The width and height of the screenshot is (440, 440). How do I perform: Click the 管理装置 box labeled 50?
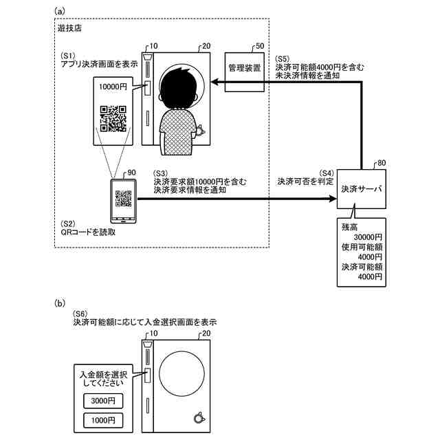[x=245, y=72]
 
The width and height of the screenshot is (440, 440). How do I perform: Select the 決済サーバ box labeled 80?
[x=362, y=189]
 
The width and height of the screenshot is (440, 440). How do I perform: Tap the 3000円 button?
[x=103, y=401]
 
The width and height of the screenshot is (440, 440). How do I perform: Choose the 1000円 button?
[x=103, y=420]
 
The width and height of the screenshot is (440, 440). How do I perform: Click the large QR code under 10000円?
[x=113, y=119]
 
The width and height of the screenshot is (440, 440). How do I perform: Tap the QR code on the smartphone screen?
[x=124, y=199]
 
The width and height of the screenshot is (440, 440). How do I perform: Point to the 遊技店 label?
[x=69, y=28]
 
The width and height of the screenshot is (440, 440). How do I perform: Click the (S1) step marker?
[x=68, y=55]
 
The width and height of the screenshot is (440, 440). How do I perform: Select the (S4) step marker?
[x=327, y=173]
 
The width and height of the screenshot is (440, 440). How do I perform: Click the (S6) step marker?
[x=80, y=313]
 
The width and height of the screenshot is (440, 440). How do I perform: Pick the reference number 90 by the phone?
[x=131, y=173]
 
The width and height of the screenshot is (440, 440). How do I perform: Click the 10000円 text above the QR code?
[x=113, y=87]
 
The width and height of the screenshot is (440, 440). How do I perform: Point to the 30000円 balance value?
[x=368, y=237]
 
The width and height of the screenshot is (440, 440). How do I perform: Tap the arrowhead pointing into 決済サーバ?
[x=333, y=199]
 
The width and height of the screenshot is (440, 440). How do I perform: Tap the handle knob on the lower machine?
[x=199, y=419]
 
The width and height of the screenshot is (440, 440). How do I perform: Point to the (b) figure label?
[x=60, y=303]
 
